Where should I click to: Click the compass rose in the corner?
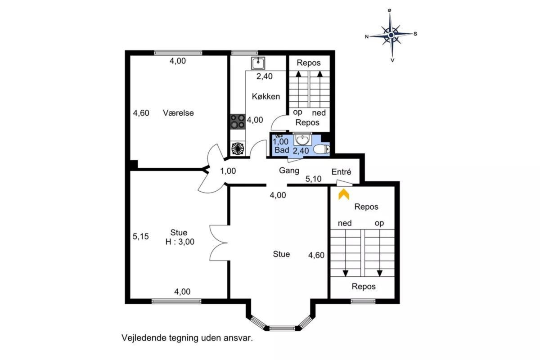[391, 36]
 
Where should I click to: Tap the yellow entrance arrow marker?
[344, 194]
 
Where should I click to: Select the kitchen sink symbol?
[258, 63]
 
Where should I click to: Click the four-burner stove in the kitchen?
[238, 121]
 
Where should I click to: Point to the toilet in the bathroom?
[322, 149]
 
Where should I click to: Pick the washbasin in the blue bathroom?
[302, 139]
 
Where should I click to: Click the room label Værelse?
[178, 113]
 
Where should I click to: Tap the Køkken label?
[266, 96]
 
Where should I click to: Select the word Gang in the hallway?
[289, 171]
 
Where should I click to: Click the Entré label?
[341, 172]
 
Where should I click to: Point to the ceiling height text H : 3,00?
[180, 242]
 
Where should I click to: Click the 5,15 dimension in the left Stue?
[141, 236]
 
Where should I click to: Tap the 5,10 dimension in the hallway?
[313, 179]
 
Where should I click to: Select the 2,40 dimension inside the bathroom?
[301, 151]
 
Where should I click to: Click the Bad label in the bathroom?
[282, 150]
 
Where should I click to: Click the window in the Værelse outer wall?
[178, 53]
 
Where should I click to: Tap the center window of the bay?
[282, 328]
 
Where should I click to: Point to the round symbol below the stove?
[238, 148]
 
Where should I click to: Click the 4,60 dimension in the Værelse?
[141, 113]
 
